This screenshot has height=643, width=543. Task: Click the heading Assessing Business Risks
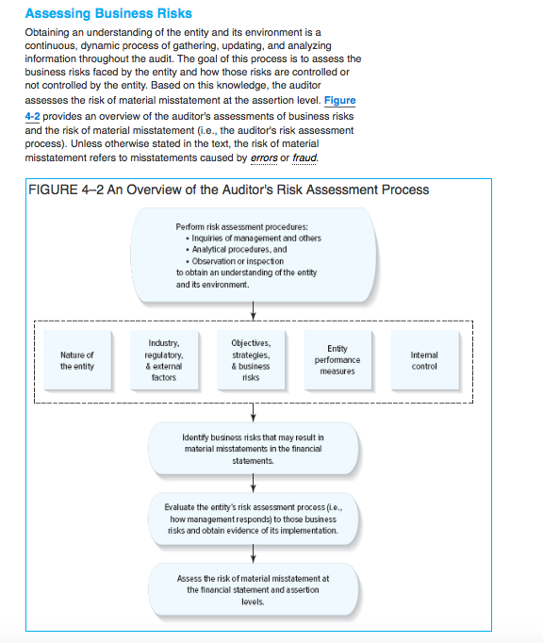108,13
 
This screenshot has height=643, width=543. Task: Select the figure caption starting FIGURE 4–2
229,190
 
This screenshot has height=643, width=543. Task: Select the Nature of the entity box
76,360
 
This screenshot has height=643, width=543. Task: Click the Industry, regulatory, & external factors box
165,360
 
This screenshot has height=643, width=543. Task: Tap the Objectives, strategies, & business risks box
251,360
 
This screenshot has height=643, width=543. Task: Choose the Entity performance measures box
337,360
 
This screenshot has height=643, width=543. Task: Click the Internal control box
424,360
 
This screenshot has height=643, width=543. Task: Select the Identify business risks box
253,449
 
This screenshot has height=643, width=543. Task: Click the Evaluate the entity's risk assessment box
253,519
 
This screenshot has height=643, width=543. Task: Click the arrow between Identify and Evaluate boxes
253,483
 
